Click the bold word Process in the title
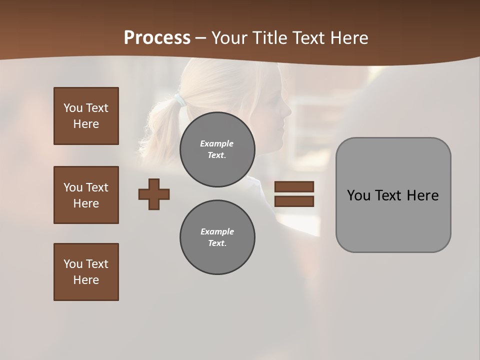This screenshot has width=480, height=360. point(157,38)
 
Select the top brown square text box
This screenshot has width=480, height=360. point(86,116)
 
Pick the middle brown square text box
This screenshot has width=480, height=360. point(86,195)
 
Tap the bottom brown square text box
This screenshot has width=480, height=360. point(86,272)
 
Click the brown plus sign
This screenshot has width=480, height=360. point(154,194)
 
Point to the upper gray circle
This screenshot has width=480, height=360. point(217,149)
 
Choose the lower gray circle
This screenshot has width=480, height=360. point(217,237)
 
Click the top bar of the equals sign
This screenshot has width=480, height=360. point(294,187)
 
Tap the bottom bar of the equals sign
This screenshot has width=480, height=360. point(294,201)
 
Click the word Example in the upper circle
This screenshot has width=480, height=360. point(216,143)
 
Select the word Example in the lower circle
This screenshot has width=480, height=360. point(217,231)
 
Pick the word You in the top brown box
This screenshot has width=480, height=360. point(72,108)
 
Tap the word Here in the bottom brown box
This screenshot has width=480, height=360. point(86,280)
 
